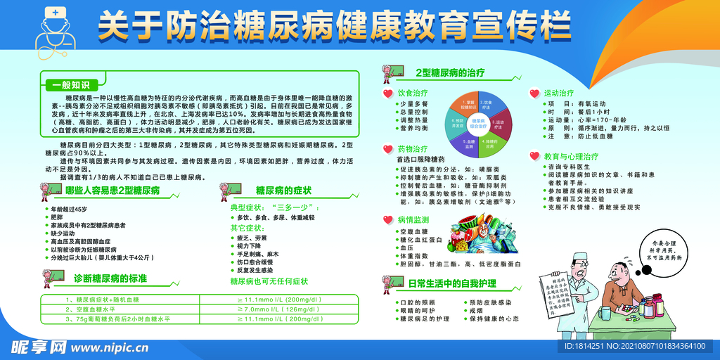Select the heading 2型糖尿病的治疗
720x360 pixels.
(450, 72)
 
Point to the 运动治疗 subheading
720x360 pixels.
(559, 92)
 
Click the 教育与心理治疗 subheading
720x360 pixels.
(571, 156)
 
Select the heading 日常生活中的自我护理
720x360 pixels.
(452, 284)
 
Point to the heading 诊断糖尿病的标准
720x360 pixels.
(110, 278)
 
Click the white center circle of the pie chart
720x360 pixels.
(479, 122)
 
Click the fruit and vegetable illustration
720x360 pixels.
(485, 236)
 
